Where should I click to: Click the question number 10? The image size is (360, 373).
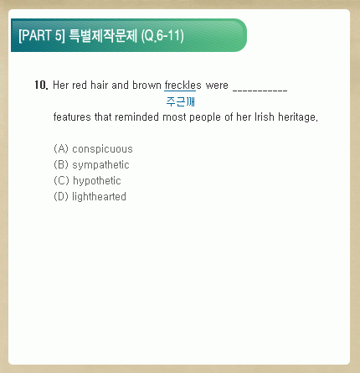tap(41, 85)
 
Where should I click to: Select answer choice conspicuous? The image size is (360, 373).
tap(102, 149)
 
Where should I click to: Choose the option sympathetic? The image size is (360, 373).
tap(100, 165)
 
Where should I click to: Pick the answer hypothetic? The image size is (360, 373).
tap(97, 181)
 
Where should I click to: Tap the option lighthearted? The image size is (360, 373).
tap(99, 197)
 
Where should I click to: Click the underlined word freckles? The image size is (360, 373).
tap(183, 85)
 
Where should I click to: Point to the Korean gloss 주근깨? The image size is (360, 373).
tap(181, 101)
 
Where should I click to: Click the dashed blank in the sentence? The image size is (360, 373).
tap(260, 91)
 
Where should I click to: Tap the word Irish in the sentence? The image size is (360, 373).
tap(265, 117)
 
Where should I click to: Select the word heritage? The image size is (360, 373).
tap(298, 117)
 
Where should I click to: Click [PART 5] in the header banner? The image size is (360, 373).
tap(42, 35)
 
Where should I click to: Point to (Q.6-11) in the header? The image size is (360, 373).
tap(162, 36)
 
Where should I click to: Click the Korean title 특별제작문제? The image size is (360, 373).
tap(103, 35)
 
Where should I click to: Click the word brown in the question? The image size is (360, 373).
tap(147, 85)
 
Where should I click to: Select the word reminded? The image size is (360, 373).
tap(136, 117)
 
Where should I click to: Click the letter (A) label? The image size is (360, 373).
tap(61, 148)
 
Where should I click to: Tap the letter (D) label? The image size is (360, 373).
tap(61, 196)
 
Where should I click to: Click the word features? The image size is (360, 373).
tap(72, 117)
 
